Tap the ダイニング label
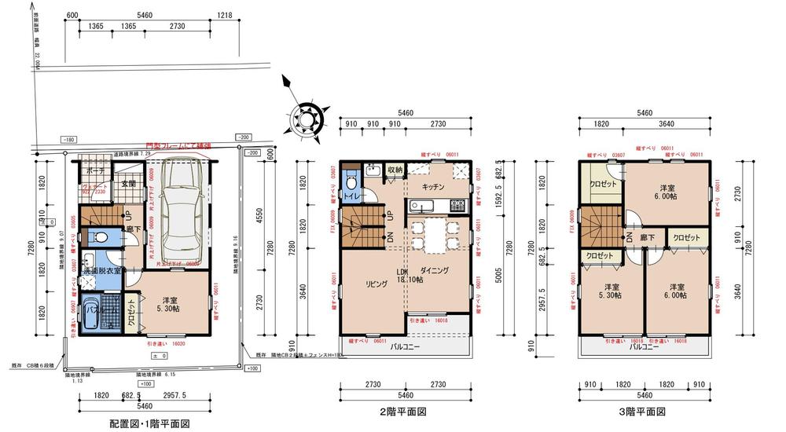pyautogui.click(x=433, y=270)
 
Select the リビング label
pyautogui.click(x=375, y=284)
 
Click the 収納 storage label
pyautogui.click(x=395, y=170)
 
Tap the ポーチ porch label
pyautogui.click(x=95, y=170)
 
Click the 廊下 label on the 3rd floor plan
pyautogui.click(x=648, y=236)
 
